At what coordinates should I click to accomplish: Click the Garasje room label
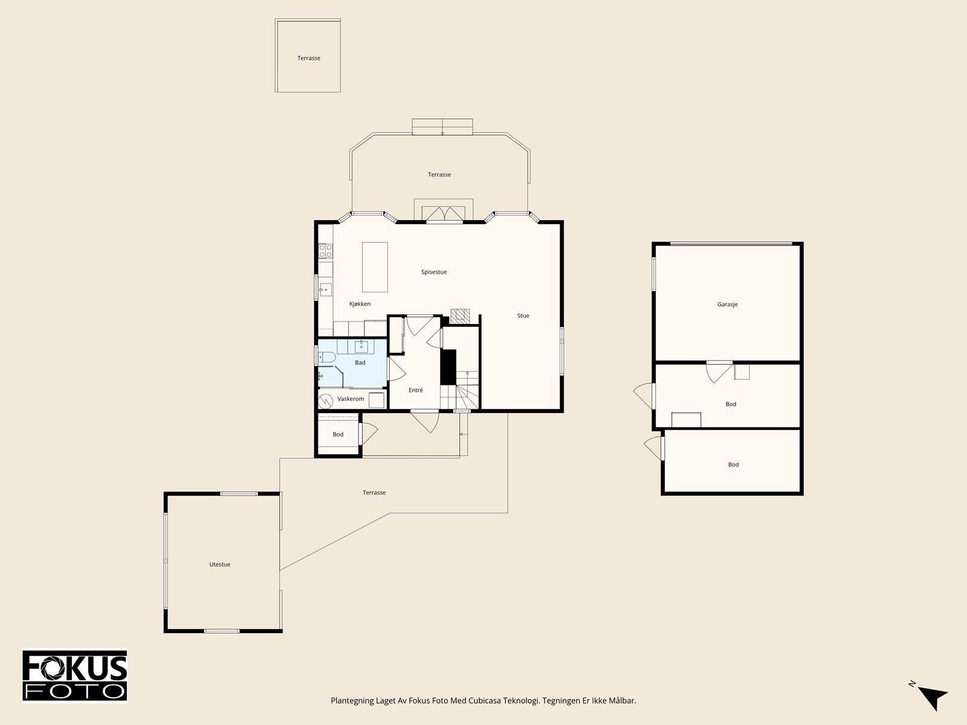coord(727,304)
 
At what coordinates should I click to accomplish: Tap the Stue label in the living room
coord(523,315)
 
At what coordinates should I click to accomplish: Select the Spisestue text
coord(434,272)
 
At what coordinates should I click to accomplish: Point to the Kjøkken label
coord(360,304)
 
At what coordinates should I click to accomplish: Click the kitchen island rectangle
coord(375,267)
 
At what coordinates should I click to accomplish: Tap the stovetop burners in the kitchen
coord(326,251)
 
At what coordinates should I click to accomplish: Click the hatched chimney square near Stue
coord(460,316)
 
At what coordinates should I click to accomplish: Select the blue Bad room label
coord(360,362)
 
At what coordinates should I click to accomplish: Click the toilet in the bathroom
coord(326,357)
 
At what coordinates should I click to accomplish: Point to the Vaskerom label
coord(351,399)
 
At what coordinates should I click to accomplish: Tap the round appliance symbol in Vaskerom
coord(326,401)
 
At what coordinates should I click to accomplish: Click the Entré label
coord(415,390)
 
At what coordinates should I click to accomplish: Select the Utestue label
coord(219,564)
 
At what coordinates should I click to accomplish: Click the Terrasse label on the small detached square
coord(308,58)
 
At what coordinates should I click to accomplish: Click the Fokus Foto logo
coord(74,675)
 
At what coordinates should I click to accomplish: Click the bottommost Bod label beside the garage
coord(733,465)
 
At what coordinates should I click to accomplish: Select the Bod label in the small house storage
coord(338,434)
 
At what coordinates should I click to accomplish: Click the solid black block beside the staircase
coord(448,367)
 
